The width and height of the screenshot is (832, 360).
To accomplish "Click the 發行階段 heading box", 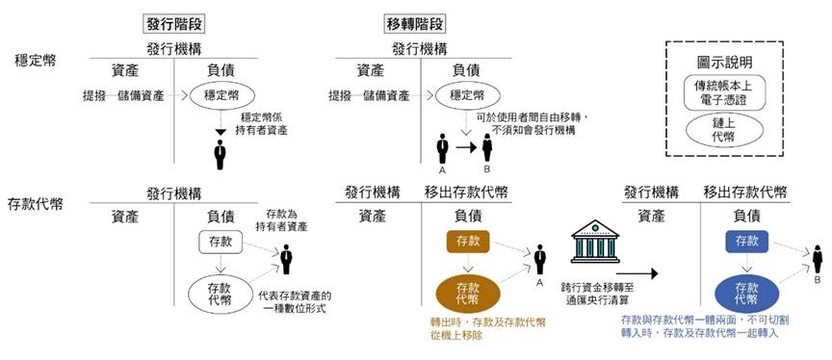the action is pos(173,23).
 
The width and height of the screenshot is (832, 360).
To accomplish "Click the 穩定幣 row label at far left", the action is pos(36,60).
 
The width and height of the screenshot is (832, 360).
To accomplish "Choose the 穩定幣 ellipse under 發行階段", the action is pos(217,95).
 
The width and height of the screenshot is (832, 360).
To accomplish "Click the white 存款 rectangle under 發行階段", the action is pos(217,241).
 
